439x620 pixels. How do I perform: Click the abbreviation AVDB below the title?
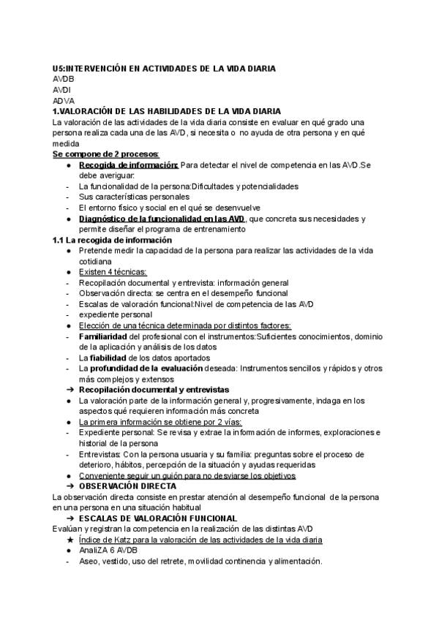pos(64,79)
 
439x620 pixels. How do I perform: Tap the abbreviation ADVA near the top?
pos(64,101)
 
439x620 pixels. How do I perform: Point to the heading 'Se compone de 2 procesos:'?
pos(105,154)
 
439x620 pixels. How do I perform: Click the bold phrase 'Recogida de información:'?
pos(129,165)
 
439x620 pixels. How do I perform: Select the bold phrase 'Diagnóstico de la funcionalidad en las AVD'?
pos(162,219)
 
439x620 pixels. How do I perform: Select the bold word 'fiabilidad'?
pos(108,358)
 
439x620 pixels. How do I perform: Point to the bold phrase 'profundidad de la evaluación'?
pos(144,368)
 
